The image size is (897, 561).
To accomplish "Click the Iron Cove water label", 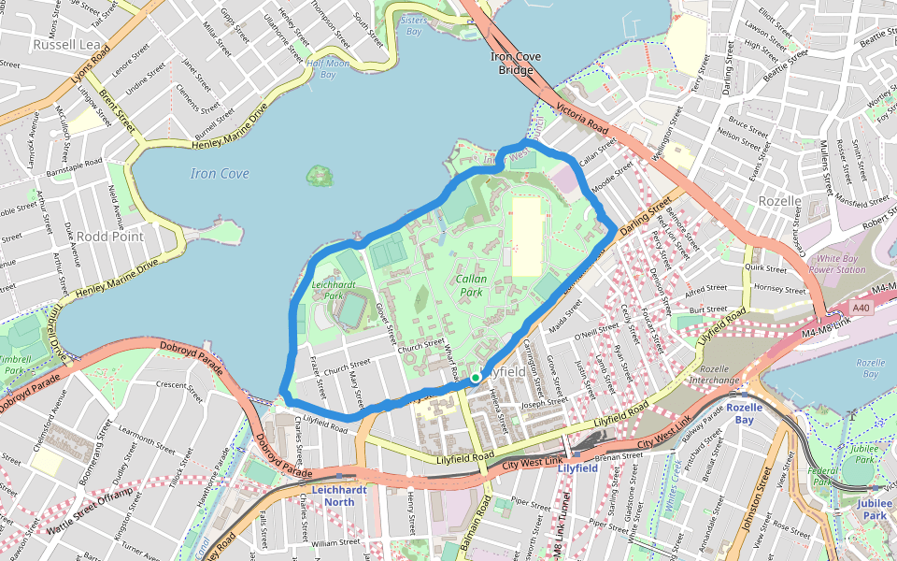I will (220, 174).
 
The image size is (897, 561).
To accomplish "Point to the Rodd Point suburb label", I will (109, 237).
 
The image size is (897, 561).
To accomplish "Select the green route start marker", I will (476, 378).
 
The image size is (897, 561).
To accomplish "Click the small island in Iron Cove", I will (320, 175).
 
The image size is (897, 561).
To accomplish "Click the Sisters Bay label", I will (412, 25).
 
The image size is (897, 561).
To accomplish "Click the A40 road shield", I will (861, 308).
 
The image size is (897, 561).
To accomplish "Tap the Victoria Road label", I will (582, 119).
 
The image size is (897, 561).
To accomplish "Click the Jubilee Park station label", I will (874, 509).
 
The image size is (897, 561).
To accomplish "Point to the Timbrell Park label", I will (13, 364).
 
